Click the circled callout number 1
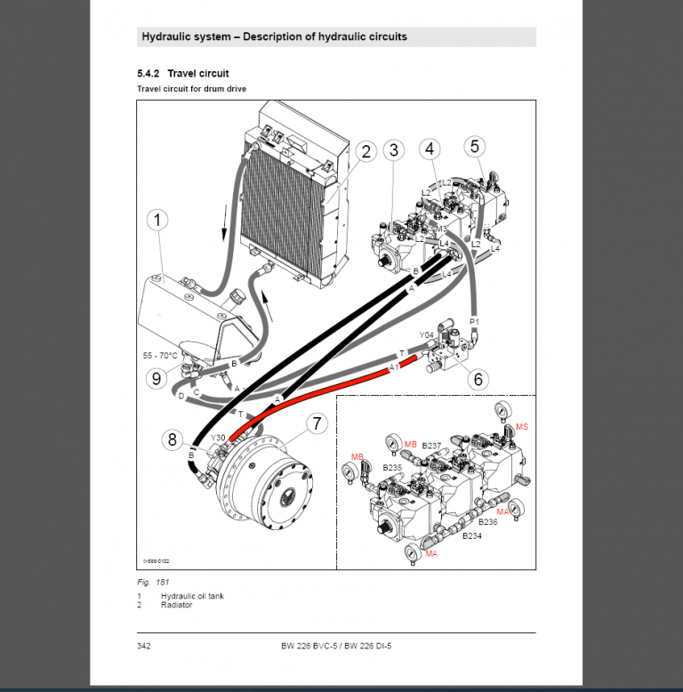[x=157, y=220]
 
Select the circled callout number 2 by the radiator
[x=365, y=151]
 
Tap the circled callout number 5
[x=475, y=145]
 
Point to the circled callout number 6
[x=478, y=379]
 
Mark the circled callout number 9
[x=157, y=379]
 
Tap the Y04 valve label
[x=427, y=335]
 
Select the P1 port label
[x=474, y=321]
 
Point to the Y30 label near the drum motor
[x=218, y=438]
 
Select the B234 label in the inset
[x=471, y=536]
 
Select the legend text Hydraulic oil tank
[x=192, y=595]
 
